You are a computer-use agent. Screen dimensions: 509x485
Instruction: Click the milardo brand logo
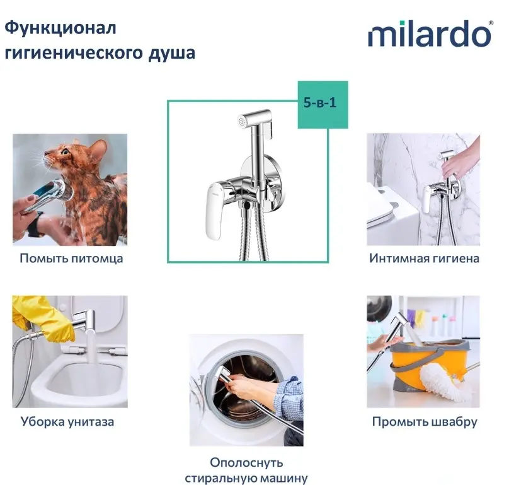click(x=430, y=34)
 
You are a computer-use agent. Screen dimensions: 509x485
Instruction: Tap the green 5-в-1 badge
click(x=323, y=104)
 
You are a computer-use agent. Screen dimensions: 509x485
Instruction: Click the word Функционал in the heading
click(x=60, y=28)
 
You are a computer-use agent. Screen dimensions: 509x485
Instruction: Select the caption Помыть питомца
click(x=71, y=259)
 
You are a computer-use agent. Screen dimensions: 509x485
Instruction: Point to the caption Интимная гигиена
click(x=424, y=259)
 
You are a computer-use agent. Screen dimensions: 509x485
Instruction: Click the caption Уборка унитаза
click(x=67, y=421)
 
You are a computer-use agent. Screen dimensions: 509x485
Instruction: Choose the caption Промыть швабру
click(x=425, y=421)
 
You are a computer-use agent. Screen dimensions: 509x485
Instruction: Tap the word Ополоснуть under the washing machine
click(x=246, y=462)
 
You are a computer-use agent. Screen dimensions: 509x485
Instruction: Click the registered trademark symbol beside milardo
click(x=491, y=23)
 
